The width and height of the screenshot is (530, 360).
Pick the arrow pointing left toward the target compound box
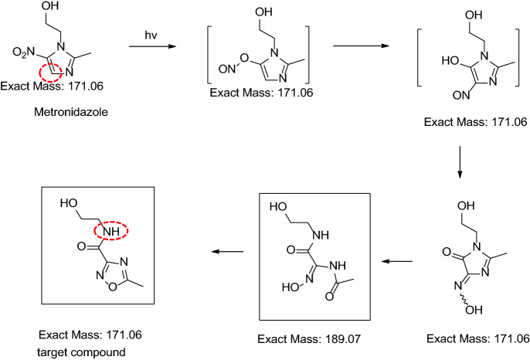tap(229, 250)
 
